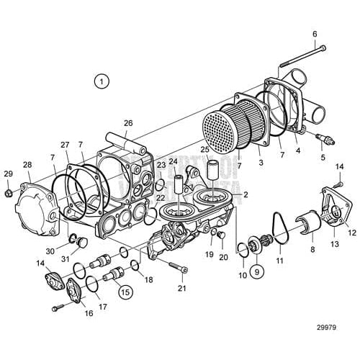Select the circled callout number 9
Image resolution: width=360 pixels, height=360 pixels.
tap(257, 273)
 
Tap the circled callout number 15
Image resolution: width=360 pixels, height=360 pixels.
tap(125, 292)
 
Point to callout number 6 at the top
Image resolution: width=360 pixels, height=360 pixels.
tap(314, 34)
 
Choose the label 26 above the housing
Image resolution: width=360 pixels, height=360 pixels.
tap(128, 122)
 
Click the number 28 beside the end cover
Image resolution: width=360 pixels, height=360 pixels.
tap(27, 166)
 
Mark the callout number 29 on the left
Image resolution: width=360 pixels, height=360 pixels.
tap(8, 174)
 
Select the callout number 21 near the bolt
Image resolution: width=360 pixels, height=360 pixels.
tap(182, 289)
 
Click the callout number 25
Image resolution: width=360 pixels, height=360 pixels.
tap(204, 150)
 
